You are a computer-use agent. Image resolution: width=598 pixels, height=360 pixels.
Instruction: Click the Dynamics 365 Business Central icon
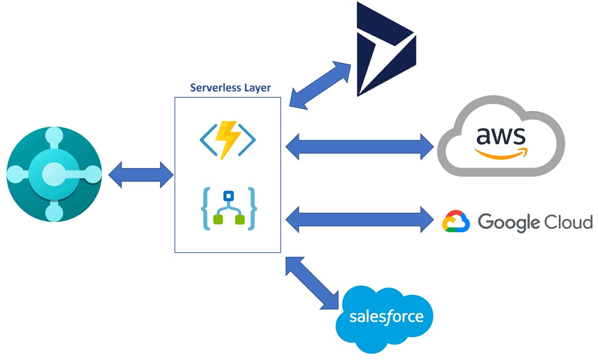click(54, 174)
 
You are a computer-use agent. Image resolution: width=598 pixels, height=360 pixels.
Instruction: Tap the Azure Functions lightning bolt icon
click(228, 139)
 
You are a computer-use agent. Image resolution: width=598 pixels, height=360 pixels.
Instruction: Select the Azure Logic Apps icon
click(228, 209)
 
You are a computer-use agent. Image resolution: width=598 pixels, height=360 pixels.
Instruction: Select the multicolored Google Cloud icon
click(456, 222)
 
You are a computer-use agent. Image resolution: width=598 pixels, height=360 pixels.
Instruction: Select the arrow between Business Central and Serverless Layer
click(141, 175)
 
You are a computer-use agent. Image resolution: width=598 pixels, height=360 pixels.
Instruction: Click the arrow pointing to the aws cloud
click(360, 147)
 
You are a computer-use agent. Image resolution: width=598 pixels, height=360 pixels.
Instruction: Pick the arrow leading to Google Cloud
click(360, 217)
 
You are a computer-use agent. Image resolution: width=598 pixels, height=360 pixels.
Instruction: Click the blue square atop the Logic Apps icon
click(228, 196)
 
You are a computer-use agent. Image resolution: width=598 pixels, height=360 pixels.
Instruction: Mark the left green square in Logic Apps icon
click(218, 220)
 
